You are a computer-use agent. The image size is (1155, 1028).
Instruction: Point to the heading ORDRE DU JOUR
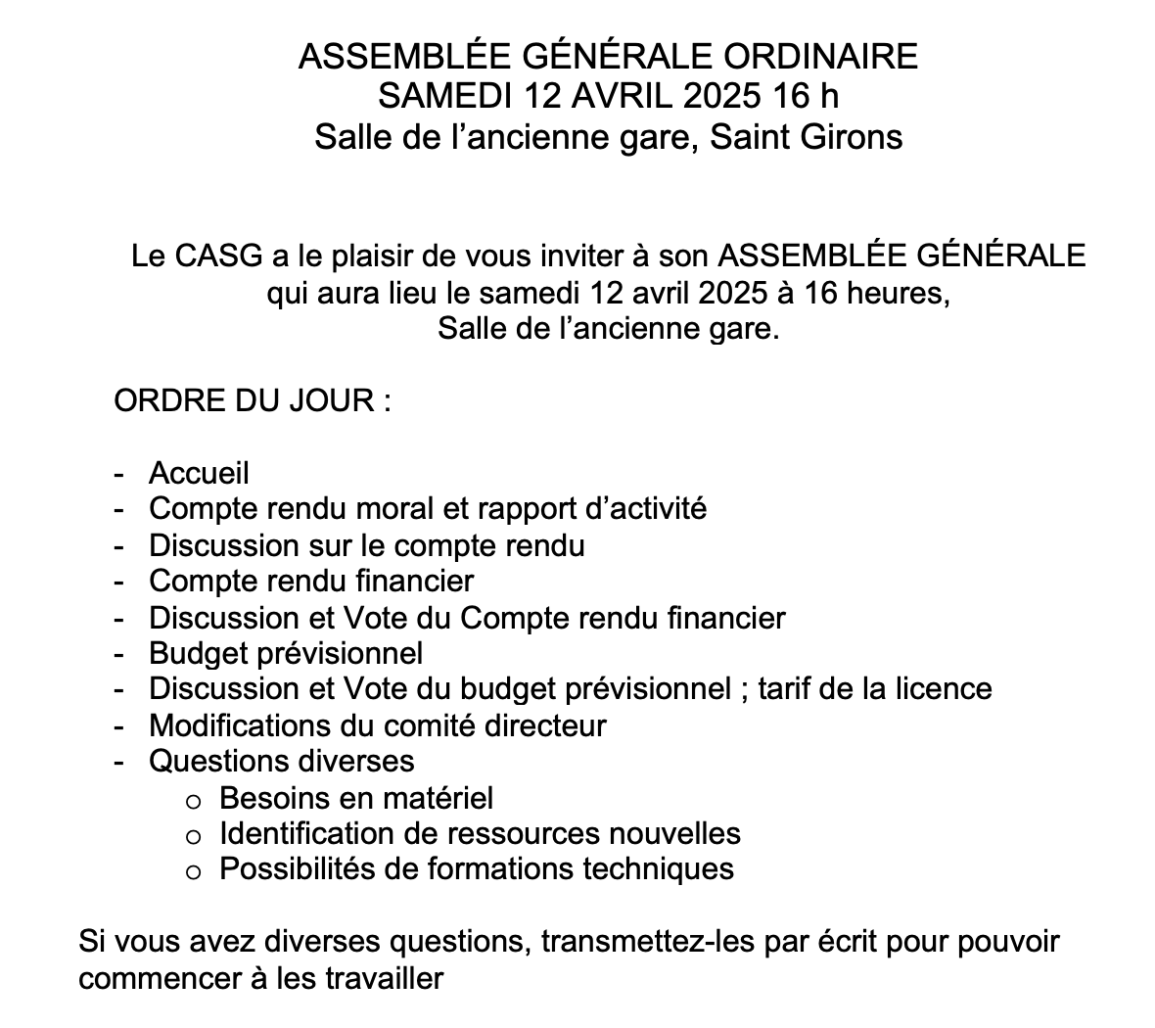pyautogui.click(x=253, y=400)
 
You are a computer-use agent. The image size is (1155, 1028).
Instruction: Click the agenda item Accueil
pyautogui.click(x=199, y=473)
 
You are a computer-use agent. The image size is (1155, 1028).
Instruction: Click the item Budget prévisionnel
pyautogui.click(x=286, y=653)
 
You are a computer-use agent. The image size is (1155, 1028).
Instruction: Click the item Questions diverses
pyautogui.click(x=282, y=761)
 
